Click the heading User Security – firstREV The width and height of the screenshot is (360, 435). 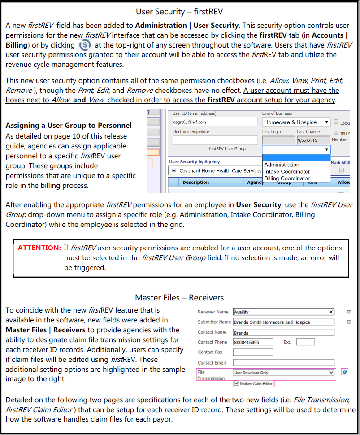click(179, 11)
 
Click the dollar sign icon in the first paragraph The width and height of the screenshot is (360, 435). click(84, 45)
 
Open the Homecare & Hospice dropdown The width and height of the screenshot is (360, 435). click(296, 122)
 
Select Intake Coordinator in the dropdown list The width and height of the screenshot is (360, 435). click(287, 171)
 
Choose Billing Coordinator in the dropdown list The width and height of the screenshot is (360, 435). click(287, 178)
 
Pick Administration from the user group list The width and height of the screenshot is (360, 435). click(282, 165)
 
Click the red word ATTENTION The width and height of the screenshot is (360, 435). click(39, 248)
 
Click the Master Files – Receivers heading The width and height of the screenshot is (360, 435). click(179, 298)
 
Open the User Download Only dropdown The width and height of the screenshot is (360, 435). click(283, 373)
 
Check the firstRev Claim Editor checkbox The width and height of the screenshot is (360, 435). click(236, 384)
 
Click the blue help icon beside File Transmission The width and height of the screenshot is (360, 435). click(344, 372)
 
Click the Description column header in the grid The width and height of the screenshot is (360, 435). click(195, 183)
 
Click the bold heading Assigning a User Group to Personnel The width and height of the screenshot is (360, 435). click(69, 126)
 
